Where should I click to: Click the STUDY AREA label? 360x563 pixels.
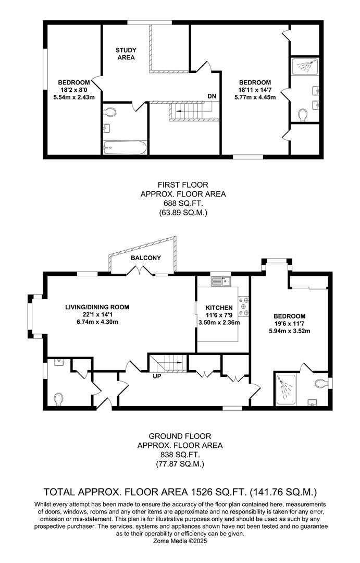click(x=126, y=54)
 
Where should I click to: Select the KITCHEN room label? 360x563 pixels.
click(x=215, y=308)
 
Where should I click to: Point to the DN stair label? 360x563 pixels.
click(x=212, y=96)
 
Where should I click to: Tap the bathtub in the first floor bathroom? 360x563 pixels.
click(x=124, y=148)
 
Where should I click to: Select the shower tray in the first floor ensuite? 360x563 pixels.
click(x=303, y=65)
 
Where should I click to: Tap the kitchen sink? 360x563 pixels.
click(x=220, y=281)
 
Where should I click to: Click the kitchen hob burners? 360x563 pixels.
click(x=243, y=307)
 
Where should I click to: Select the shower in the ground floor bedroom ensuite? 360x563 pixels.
click(x=285, y=388)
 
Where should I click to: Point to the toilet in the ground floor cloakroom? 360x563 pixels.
click(x=59, y=399)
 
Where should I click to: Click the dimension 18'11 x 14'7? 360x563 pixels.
click(x=255, y=89)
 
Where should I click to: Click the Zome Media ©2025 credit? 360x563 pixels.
click(x=180, y=542)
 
